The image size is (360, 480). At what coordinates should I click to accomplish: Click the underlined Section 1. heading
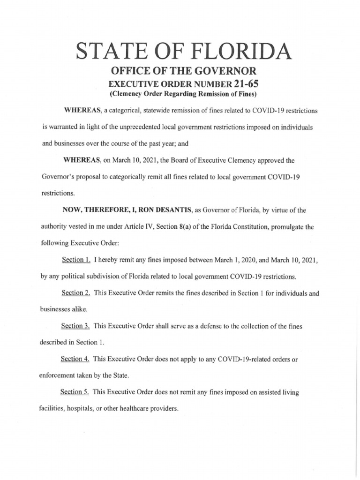click(x=76, y=259)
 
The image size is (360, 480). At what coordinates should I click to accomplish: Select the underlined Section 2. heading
click(x=76, y=293)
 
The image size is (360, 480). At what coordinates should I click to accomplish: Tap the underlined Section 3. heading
click(x=76, y=326)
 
